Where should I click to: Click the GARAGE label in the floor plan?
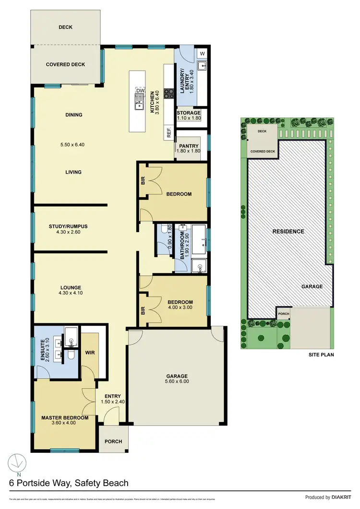click(177, 376)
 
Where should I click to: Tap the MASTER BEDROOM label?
click(65, 418)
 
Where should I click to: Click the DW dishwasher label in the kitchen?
click(140, 90)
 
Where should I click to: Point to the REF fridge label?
click(169, 133)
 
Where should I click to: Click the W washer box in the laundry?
click(203, 53)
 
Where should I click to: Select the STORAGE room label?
click(188, 113)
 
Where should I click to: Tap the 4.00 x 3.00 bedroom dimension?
click(180, 309)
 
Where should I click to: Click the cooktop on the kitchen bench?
click(168, 94)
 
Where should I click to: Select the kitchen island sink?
click(139, 103)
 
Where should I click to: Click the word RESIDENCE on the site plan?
click(288, 231)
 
